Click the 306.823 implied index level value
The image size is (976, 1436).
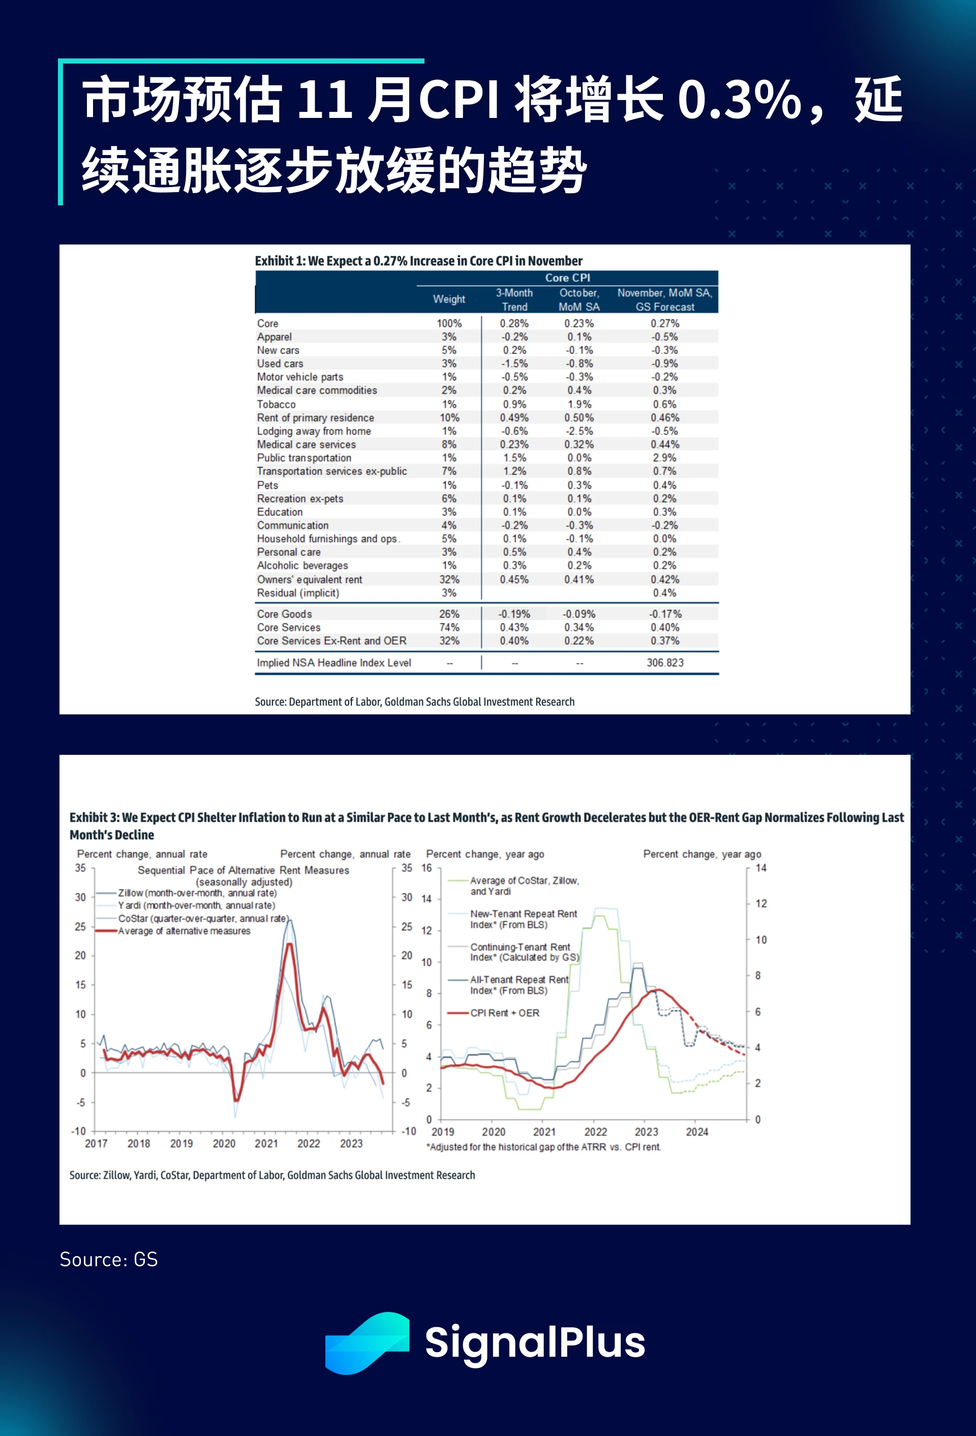(664, 662)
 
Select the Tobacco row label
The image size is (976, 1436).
(277, 404)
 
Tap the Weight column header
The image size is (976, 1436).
(449, 299)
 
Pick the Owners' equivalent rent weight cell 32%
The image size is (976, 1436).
(449, 579)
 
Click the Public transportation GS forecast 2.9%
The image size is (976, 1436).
(664, 458)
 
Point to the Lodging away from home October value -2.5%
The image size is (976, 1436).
(579, 431)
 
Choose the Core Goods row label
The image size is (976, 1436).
(284, 614)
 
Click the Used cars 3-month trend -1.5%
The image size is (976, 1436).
(514, 363)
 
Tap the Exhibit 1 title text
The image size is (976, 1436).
(418, 261)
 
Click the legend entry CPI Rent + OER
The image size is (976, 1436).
(504, 1013)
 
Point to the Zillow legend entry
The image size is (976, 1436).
(197, 893)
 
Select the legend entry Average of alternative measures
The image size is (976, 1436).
(184, 931)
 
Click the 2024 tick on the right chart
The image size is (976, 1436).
(696, 1132)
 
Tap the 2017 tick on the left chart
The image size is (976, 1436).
(97, 1143)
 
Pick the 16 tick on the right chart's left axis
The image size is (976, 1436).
(426, 868)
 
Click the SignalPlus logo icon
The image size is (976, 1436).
(367, 1342)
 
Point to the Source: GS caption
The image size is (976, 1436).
(109, 1259)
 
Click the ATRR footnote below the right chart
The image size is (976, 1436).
(543, 1147)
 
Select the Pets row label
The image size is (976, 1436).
(268, 485)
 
